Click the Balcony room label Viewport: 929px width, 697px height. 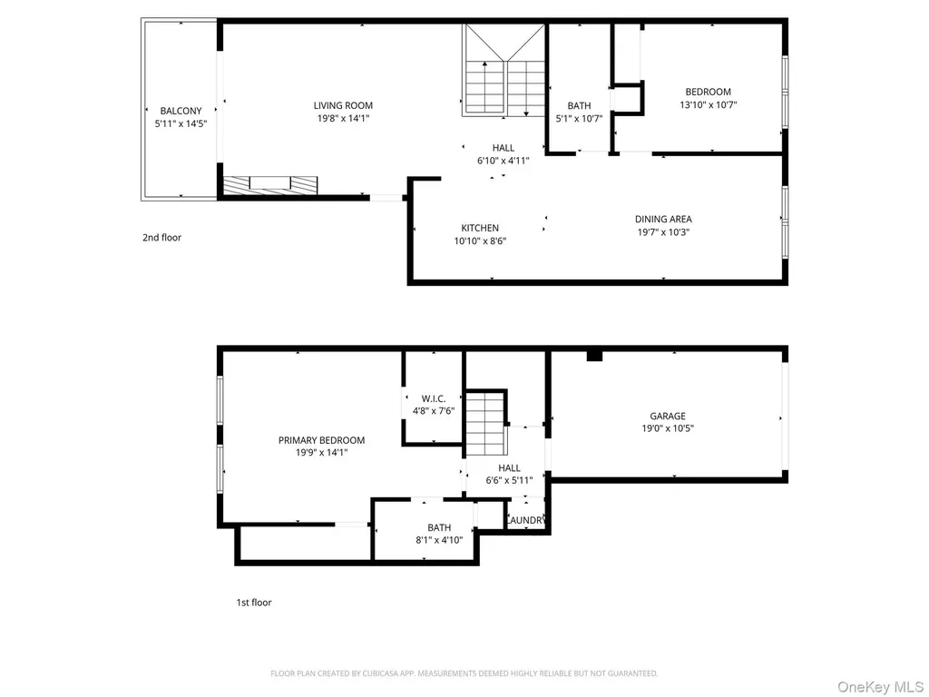click(181, 111)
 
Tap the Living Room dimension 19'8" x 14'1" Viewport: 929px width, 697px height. click(343, 119)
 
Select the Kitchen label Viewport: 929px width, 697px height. click(480, 228)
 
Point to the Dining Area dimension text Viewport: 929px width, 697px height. click(663, 232)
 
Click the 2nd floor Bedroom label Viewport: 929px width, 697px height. click(708, 92)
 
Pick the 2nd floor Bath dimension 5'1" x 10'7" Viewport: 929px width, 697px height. click(579, 119)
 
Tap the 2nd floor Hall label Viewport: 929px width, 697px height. click(503, 148)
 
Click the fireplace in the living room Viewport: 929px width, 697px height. click(270, 185)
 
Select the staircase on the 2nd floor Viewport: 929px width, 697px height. click(504, 70)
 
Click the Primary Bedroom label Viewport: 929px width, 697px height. click(322, 440)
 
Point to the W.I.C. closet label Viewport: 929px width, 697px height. click(434, 399)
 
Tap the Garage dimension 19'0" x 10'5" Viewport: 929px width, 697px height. click(668, 428)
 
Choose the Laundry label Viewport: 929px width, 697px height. click(525, 520)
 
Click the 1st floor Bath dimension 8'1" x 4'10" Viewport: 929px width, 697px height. click(439, 540)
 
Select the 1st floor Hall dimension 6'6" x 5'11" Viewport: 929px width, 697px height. click(509, 481)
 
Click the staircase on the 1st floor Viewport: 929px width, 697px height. click(486, 423)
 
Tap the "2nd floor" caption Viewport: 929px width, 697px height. click(161, 238)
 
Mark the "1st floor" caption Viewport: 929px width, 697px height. click(254, 603)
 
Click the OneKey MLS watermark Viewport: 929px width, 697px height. click(880, 686)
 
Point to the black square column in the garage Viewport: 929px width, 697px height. click(594, 356)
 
